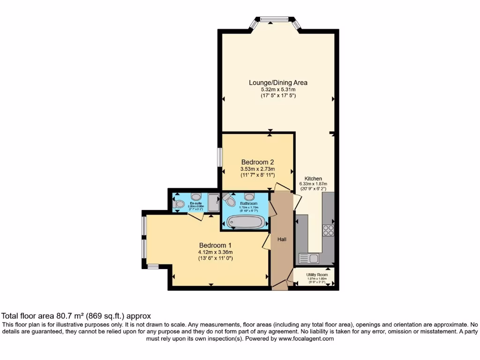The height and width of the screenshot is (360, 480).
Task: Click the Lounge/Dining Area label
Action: pyautogui.click(x=278, y=82)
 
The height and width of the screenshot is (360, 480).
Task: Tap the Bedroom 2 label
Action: pyautogui.click(x=257, y=162)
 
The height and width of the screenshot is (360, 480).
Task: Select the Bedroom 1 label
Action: pyautogui.click(x=215, y=245)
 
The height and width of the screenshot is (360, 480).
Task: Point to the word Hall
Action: pyautogui.click(x=282, y=240)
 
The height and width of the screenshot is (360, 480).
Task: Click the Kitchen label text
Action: pyautogui.click(x=313, y=179)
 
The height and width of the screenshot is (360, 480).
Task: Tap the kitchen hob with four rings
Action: pyautogui.click(x=328, y=230)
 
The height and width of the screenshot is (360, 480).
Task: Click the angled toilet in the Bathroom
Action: pyautogui.click(x=229, y=200)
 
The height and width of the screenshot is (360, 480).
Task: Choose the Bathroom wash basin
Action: pyautogui.click(x=249, y=196)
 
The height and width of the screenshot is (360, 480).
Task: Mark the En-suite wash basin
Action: pyautogui.click(x=196, y=196)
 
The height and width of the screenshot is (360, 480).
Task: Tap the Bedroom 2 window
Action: pyautogui.click(x=219, y=157)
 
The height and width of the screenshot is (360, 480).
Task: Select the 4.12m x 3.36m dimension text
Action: pyautogui.click(x=215, y=252)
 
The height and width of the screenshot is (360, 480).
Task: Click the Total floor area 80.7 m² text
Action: pyautogui.click(x=77, y=316)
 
